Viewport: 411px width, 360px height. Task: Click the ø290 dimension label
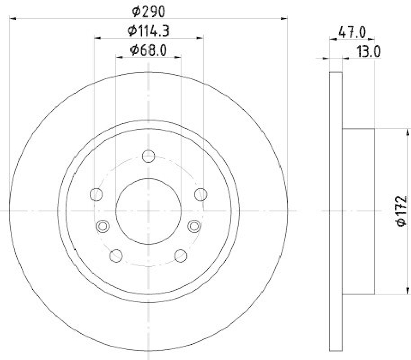click(x=148, y=10)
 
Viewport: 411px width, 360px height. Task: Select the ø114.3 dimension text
click(x=148, y=31)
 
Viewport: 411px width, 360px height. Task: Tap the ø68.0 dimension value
click(x=148, y=50)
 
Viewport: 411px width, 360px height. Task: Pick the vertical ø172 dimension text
click(x=401, y=210)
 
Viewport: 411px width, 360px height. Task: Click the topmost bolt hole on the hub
click(x=148, y=156)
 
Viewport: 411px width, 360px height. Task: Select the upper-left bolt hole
click(x=96, y=194)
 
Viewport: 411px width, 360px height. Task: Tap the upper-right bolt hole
click(x=201, y=194)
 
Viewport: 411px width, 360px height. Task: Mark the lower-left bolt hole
click(x=116, y=255)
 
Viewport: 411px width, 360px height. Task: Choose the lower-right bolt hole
click(x=180, y=255)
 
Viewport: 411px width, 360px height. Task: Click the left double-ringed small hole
click(x=103, y=226)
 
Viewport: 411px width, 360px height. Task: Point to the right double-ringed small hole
click(x=194, y=226)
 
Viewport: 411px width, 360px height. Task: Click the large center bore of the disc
click(x=148, y=210)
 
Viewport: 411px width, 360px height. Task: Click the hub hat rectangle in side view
click(x=358, y=210)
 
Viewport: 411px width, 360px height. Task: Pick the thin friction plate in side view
click(x=335, y=210)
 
